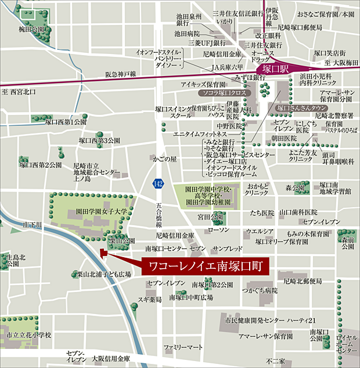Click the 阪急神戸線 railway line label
pyautogui.click(x=120, y=74)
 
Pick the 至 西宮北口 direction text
pyautogui.click(x=19, y=92)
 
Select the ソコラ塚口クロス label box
pyautogui.click(x=224, y=93)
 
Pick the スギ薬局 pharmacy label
pyautogui.click(x=149, y=300)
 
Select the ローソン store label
pyautogui.click(x=218, y=230)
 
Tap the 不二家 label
pyautogui.click(x=271, y=361)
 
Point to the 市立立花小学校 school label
pyautogui.click(x=28, y=335)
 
